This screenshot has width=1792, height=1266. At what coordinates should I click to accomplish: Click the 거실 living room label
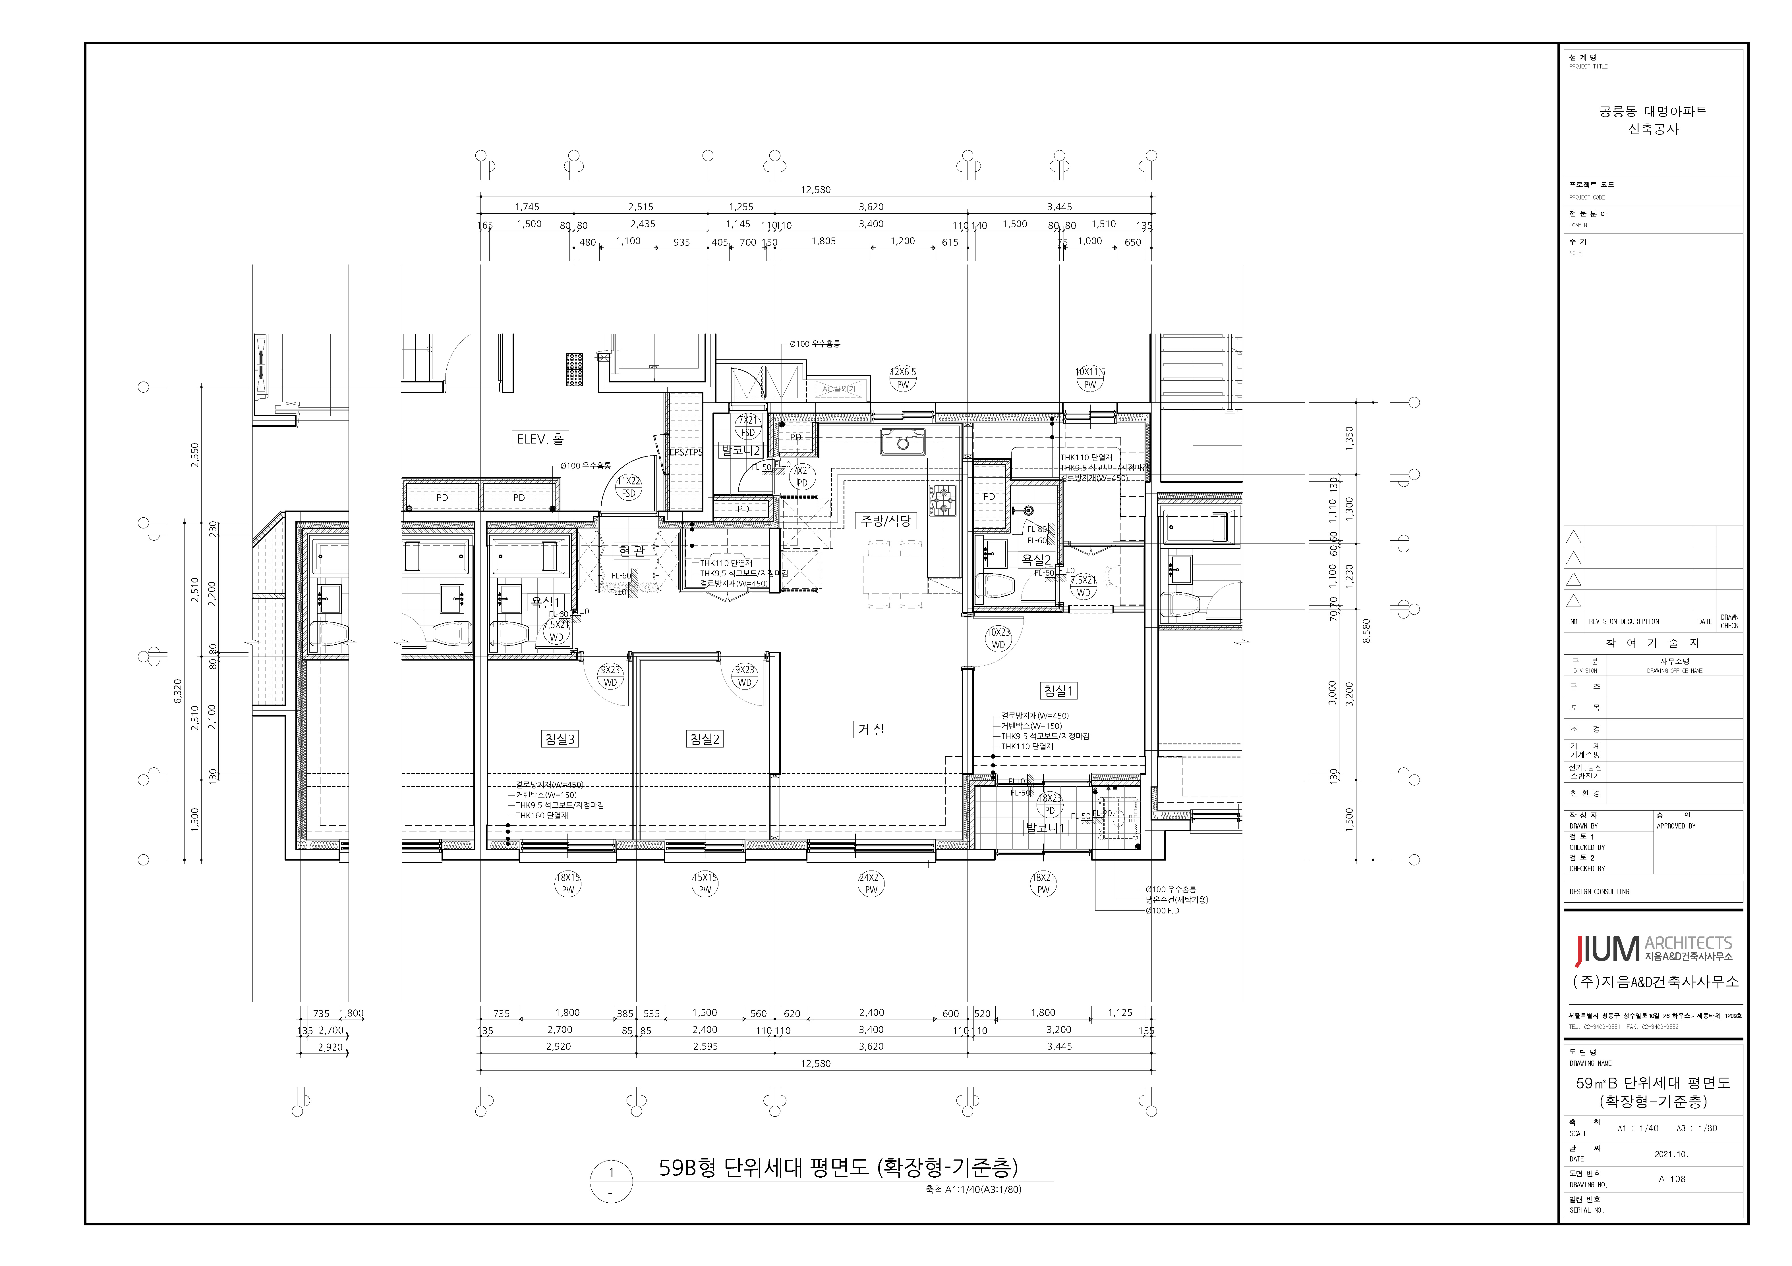coord(871,729)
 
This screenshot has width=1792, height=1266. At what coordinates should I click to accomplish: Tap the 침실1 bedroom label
coord(1058,690)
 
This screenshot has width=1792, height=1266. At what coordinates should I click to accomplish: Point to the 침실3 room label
coord(560,739)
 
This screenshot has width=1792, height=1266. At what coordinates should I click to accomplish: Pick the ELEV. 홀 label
coord(539,439)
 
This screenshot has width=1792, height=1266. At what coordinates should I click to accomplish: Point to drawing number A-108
coord(1672,1179)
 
